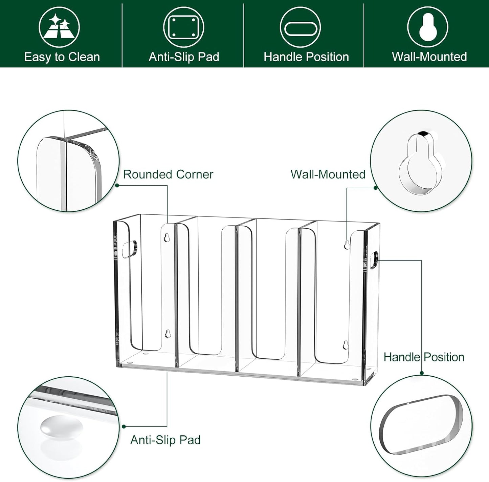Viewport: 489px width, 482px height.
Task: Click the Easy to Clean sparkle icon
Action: [59, 27]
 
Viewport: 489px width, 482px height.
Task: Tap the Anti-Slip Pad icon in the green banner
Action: [184, 27]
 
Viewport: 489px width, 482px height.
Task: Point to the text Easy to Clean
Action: [62, 57]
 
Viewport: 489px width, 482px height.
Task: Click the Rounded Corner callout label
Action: [168, 174]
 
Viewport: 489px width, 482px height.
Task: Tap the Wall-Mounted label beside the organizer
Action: [328, 174]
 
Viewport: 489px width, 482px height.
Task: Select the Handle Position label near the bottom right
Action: [424, 357]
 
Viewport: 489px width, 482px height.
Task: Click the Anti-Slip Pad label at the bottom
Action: [165, 440]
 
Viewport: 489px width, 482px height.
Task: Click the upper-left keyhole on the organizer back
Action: [166, 237]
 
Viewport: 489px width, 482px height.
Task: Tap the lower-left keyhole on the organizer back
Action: [168, 334]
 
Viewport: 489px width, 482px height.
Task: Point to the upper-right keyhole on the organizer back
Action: [347, 245]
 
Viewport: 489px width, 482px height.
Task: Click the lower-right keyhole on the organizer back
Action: [345, 345]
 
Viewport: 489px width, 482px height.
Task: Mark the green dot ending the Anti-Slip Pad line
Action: [124, 426]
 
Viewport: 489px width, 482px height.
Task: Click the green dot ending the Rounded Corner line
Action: [117, 185]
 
